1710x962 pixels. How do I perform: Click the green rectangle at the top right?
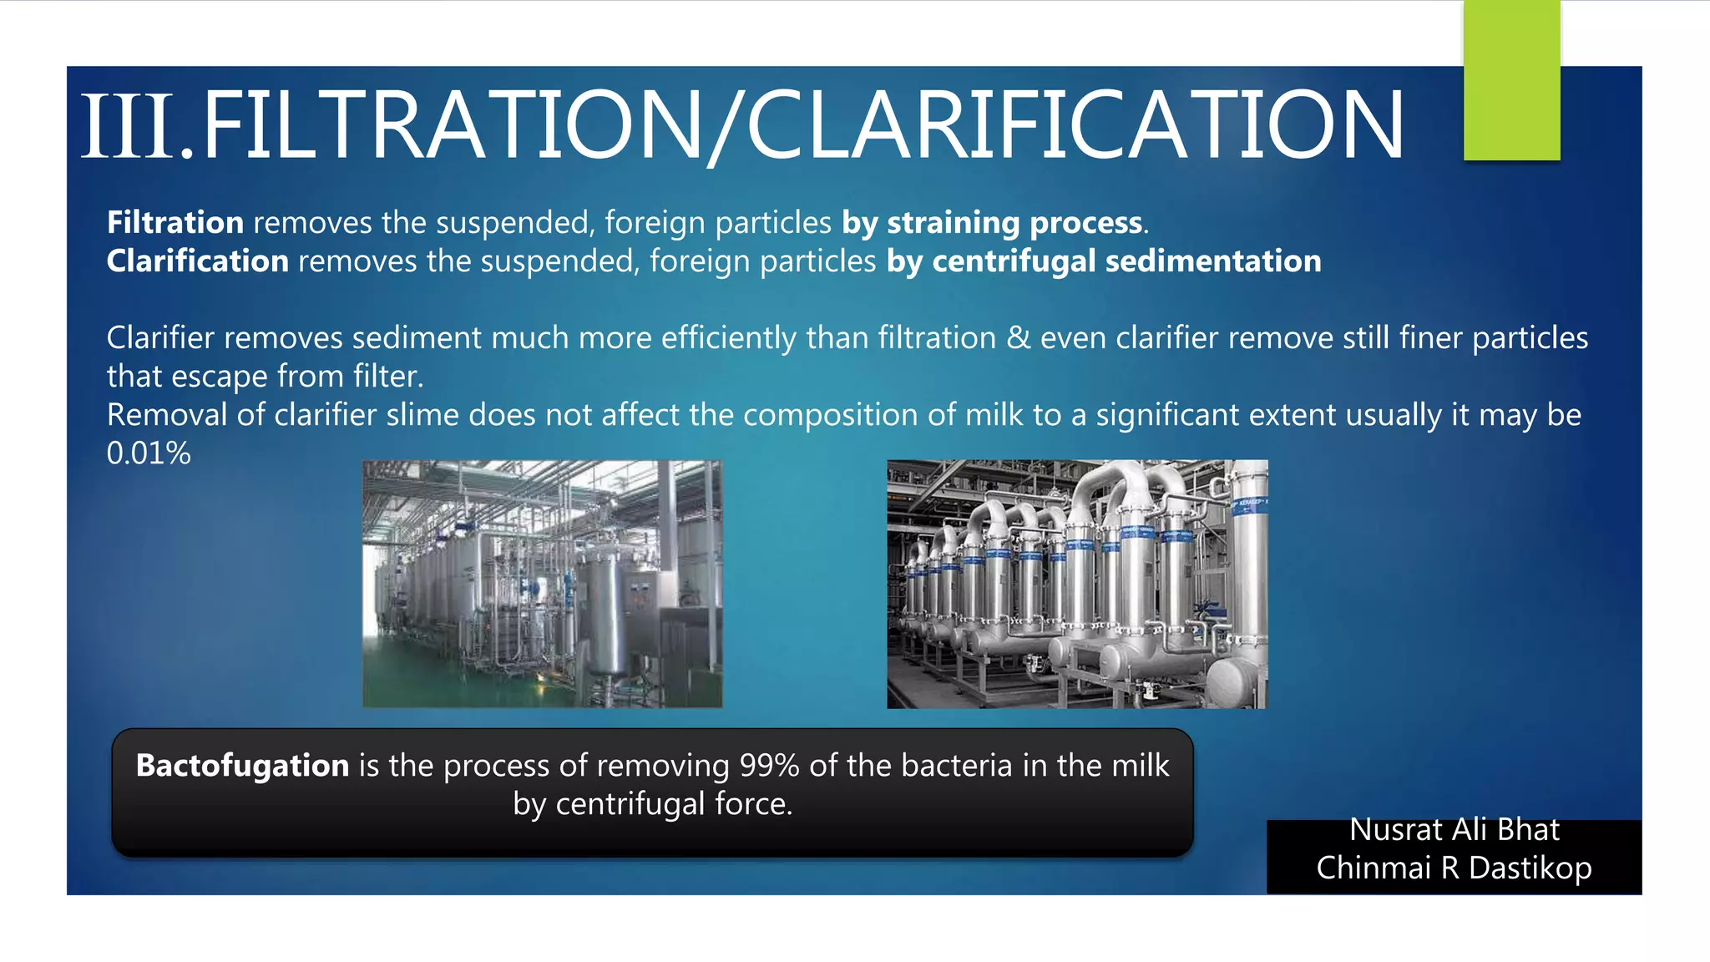1511,80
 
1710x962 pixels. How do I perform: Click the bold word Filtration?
175,223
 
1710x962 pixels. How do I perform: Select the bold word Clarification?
198,261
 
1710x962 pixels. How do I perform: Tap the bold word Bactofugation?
242,766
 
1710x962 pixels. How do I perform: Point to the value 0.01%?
149,453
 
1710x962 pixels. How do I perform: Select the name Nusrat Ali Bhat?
1454,830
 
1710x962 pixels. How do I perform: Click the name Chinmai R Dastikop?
1454,868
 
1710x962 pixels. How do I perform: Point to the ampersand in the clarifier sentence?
1018,338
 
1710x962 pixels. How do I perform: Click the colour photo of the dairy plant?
542,584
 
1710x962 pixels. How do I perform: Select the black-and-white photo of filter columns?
1077,584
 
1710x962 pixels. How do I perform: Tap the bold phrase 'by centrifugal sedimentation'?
1104,261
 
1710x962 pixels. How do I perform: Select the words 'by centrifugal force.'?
652,804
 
